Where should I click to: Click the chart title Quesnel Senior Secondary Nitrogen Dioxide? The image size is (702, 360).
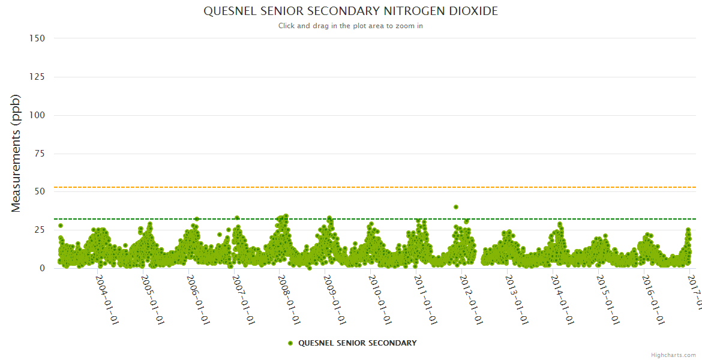pos(350,11)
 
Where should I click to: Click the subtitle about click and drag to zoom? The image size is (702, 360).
pos(350,26)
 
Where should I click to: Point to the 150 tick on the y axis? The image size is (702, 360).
pos(37,38)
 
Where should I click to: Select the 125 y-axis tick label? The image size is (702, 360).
pos(37,77)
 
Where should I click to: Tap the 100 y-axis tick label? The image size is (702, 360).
pos(37,115)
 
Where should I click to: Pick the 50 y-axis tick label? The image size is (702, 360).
pos(40,192)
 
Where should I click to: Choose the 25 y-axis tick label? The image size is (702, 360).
pos(40,230)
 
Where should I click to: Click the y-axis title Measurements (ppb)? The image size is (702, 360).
pos(16,153)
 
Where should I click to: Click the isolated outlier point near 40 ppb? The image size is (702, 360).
pos(456,207)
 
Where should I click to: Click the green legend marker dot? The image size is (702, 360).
pos(290,343)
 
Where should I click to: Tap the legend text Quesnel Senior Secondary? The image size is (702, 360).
pos(357,343)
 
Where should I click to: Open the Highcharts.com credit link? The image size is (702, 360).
pos(673,355)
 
